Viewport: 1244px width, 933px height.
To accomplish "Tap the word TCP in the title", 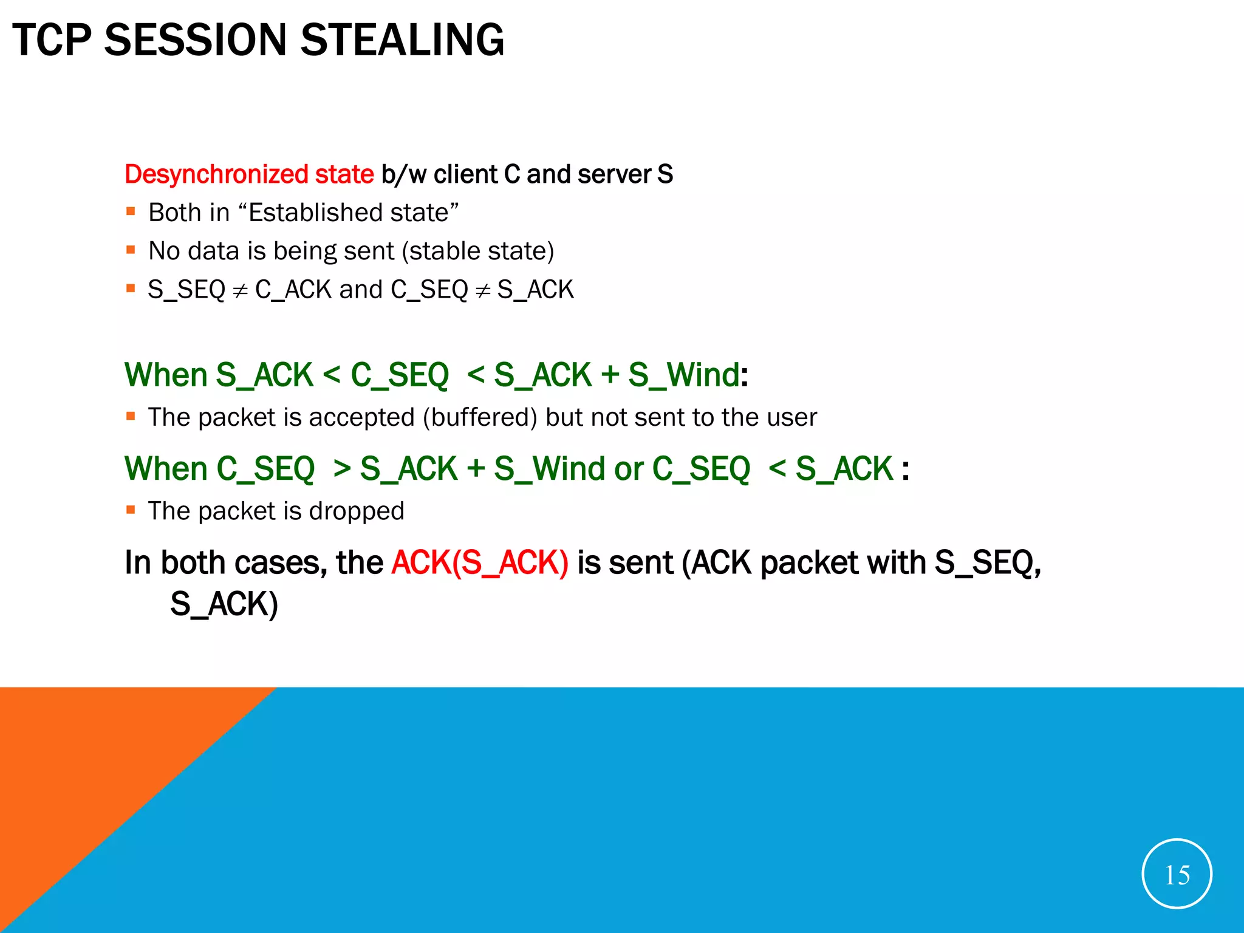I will click(x=52, y=40).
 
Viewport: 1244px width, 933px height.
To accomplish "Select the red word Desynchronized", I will click(x=217, y=174).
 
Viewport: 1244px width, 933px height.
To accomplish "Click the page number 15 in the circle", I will click(x=1177, y=875).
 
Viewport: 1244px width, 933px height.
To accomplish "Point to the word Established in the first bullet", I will click(x=316, y=213).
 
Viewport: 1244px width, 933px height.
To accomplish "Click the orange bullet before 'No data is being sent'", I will click(x=131, y=250).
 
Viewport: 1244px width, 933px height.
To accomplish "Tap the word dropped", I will click(x=357, y=511).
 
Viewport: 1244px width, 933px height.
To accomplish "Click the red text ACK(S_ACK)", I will click(x=480, y=562).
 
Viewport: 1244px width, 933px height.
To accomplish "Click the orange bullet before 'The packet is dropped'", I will click(x=131, y=510).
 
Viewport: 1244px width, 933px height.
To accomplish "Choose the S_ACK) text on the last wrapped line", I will click(x=224, y=604).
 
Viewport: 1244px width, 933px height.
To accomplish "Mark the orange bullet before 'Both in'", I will click(x=131, y=212).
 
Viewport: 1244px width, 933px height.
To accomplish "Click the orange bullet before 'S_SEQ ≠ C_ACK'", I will click(x=131, y=289).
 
